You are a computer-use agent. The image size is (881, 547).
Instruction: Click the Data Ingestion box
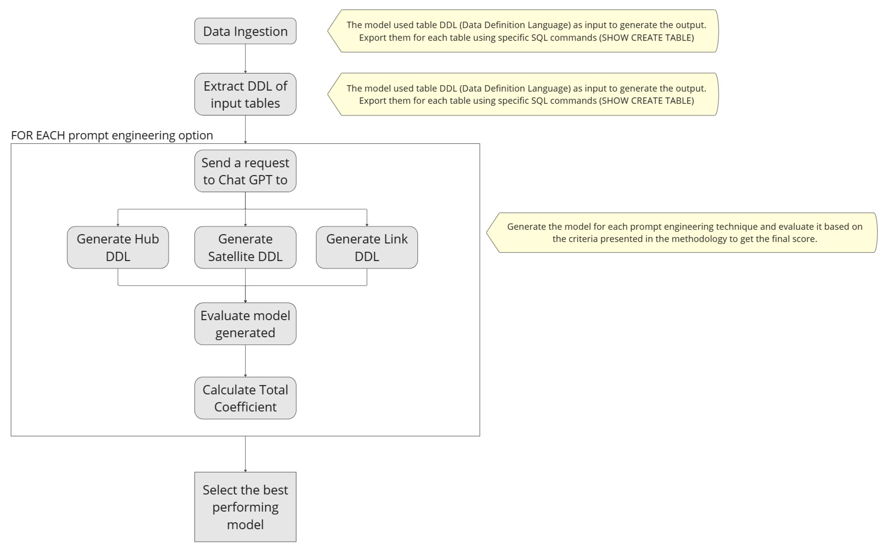pos(245,31)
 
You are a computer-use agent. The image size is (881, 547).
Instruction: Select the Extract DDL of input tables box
pos(245,94)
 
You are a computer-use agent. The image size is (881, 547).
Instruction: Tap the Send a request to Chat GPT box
pos(245,171)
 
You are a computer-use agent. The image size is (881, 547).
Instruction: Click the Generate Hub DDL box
pos(118,247)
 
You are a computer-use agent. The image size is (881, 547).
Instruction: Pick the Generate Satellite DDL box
pos(245,247)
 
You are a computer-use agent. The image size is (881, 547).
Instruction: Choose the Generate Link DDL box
pos(367,247)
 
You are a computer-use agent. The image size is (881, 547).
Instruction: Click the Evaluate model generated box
pos(245,324)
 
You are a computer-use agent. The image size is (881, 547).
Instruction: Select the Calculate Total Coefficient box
pos(245,398)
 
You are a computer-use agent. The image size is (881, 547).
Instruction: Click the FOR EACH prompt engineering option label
pos(112,135)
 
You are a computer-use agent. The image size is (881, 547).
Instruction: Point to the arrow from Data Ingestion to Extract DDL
pos(245,58)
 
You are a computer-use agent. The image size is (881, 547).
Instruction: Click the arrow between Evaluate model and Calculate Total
pos(245,361)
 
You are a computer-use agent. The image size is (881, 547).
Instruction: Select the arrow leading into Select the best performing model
pos(245,454)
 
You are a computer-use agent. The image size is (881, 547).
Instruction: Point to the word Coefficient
pos(245,407)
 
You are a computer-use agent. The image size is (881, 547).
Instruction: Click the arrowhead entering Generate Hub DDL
pos(118,225)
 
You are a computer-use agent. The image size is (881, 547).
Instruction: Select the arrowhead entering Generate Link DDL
pos(367,225)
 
